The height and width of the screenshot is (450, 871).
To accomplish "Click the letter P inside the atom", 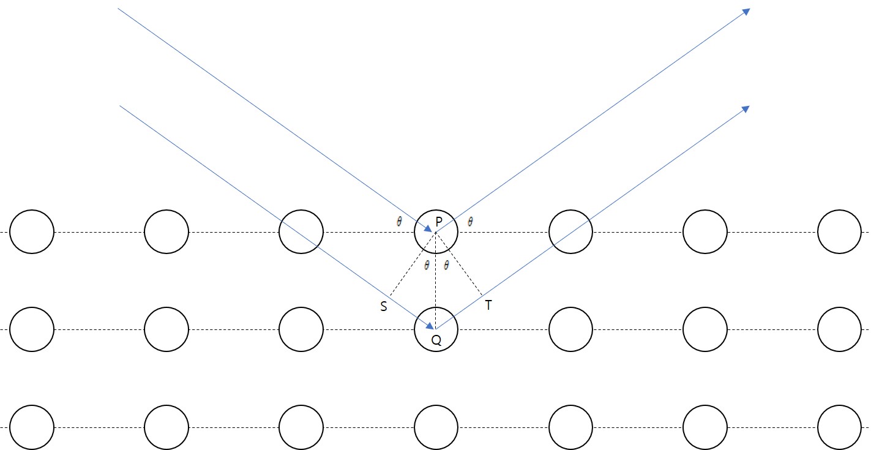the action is pos(439,220).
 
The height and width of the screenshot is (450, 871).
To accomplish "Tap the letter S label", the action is pos(384,307).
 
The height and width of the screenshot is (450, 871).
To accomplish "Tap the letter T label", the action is pos(488,306).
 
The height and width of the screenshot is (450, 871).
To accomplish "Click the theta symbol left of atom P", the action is pos(399,222).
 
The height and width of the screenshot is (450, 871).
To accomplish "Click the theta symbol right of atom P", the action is pos(470,222).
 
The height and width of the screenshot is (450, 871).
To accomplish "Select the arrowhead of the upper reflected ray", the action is pos(746,12).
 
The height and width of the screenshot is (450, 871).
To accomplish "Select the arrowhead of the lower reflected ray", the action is pos(746,108).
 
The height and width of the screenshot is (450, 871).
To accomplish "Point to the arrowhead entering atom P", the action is pos(430,229).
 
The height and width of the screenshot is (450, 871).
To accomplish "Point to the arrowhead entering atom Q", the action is pos(430,326).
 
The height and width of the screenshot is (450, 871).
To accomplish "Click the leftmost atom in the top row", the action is pos(32,232).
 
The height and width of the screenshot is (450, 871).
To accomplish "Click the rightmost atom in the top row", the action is pos(839,232).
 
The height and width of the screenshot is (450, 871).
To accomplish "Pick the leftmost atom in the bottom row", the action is pos(32,427).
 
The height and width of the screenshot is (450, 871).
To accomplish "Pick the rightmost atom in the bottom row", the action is pos(839,427).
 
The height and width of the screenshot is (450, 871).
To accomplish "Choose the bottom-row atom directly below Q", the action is pos(436,427).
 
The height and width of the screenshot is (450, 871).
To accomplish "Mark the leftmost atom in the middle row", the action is pos(32,329).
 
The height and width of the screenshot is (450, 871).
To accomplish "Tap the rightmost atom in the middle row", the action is pos(839,329).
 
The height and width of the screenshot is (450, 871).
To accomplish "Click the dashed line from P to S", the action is pos(413,264).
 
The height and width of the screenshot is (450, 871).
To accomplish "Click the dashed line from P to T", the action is pos(459,264).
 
